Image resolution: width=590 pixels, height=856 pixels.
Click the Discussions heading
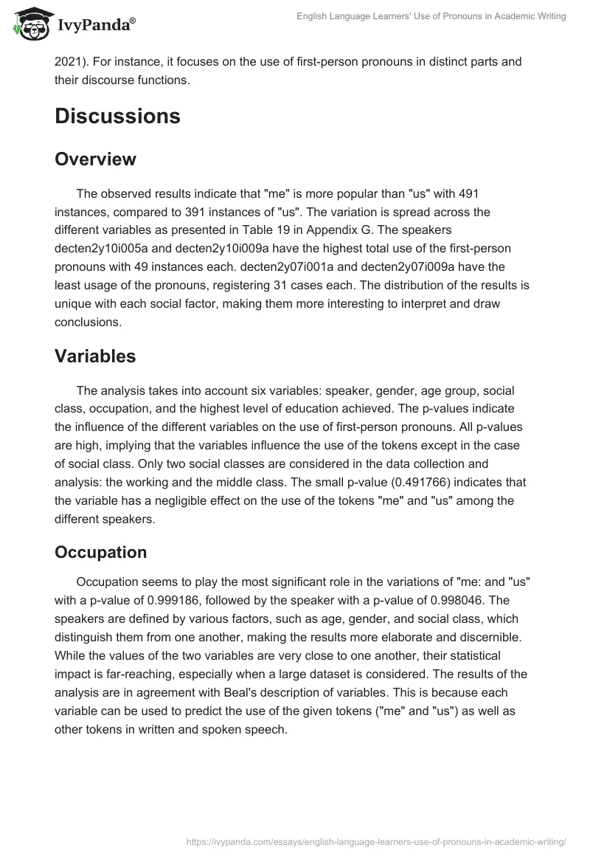[117, 116]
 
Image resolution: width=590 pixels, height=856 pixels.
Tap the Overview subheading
[95, 159]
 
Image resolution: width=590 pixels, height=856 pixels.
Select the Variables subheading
[95, 356]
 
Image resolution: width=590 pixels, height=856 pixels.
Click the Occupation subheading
[100, 552]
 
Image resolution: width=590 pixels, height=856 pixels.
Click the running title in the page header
[431, 16]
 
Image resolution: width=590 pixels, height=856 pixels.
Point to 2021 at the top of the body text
[68, 61]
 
